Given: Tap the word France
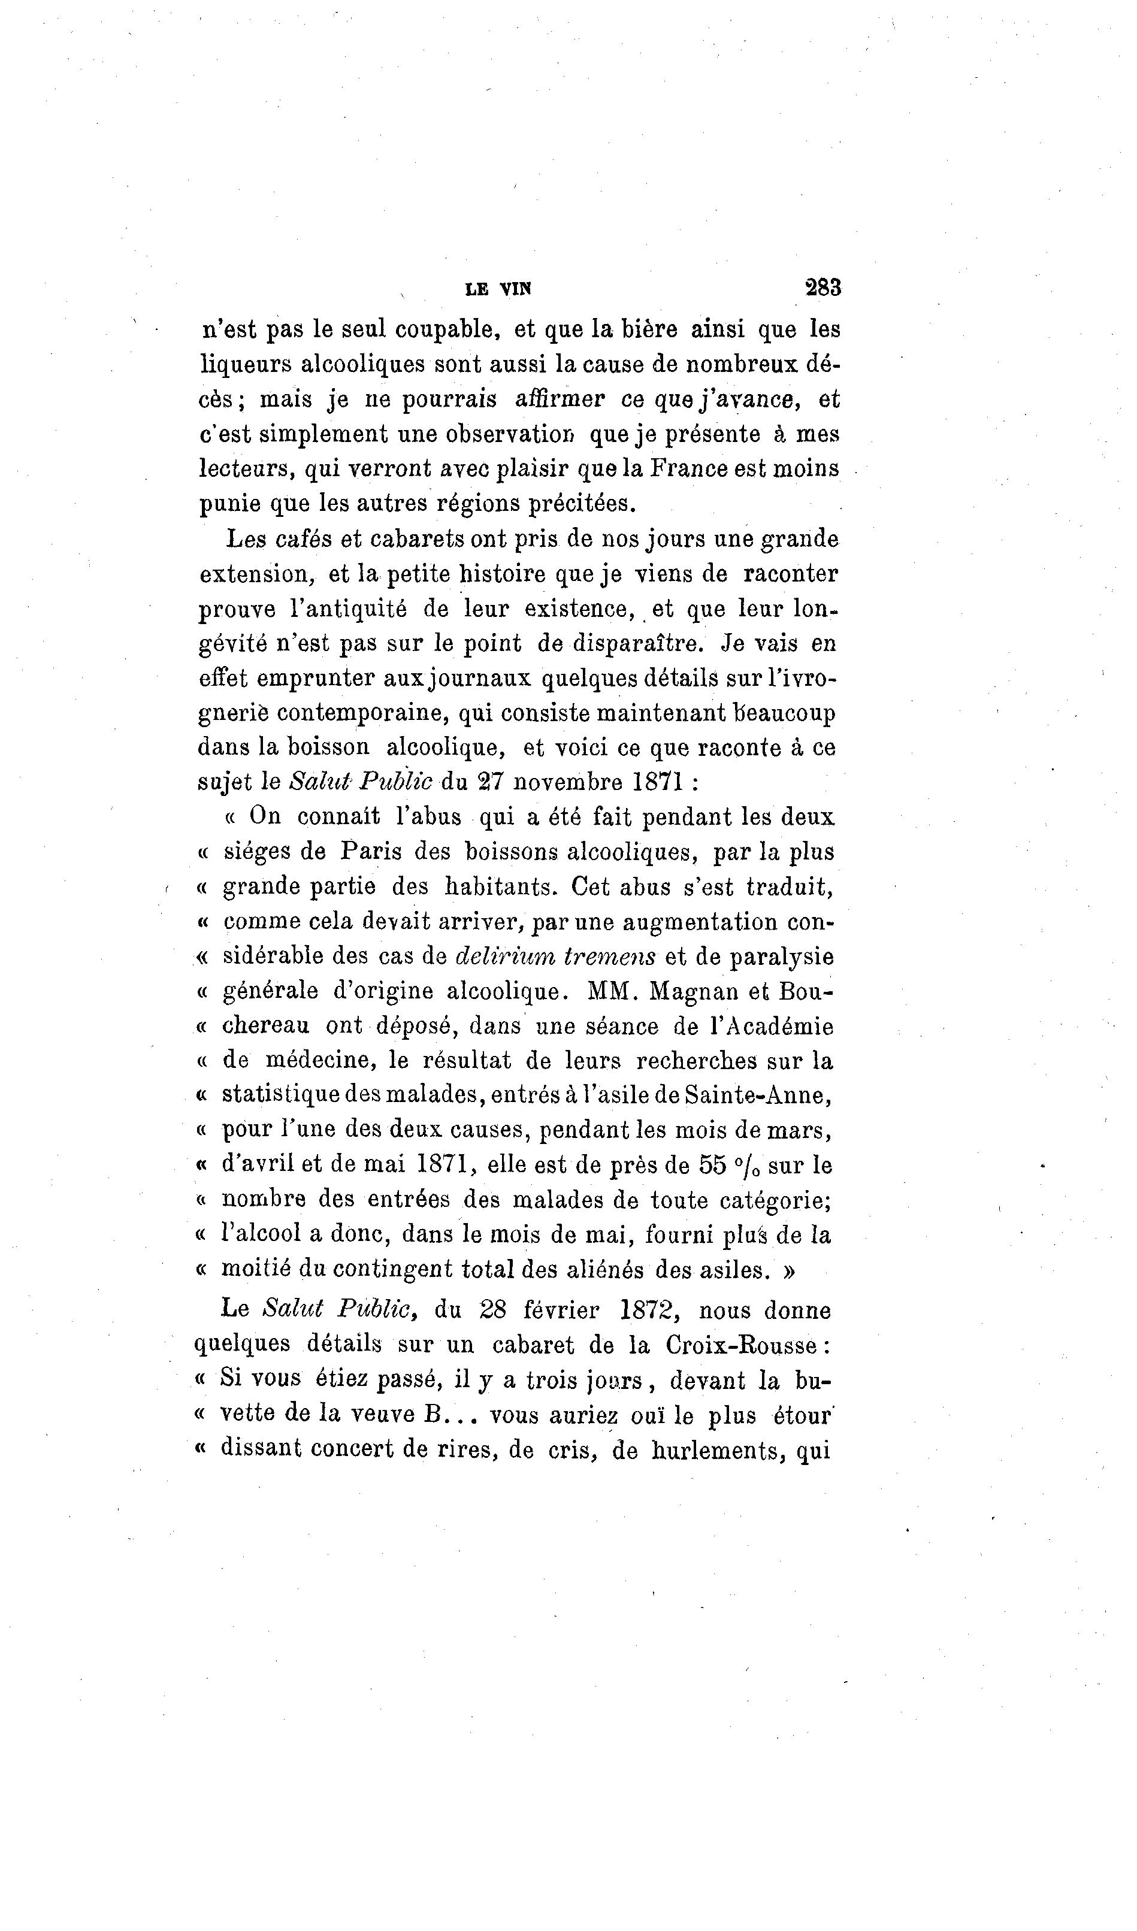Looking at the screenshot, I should pyautogui.click(x=689, y=468).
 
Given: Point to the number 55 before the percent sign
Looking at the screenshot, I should pyautogui.click(x=712, y=1165).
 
